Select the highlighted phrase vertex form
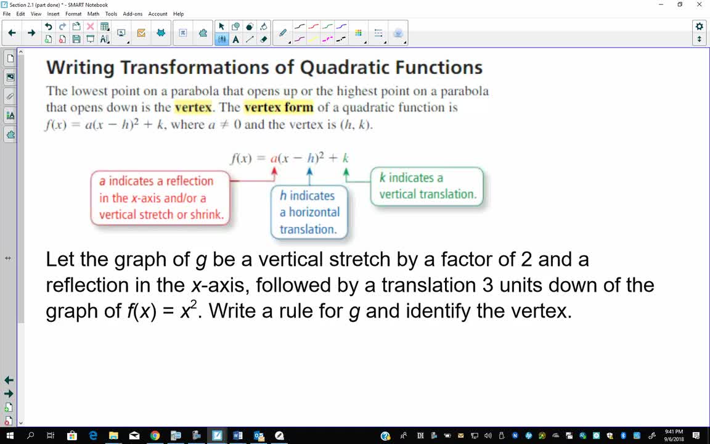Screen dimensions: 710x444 (279, 107)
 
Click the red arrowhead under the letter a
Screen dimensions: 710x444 (274, 171)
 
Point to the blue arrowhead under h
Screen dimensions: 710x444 (310, 171)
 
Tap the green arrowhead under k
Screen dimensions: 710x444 (346, 171)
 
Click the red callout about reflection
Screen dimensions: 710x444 (161, 198)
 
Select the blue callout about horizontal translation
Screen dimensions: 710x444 (309, 212)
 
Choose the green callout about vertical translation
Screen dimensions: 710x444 (427, 186)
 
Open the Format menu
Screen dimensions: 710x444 (73, 14)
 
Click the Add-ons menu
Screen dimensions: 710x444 (133, 14)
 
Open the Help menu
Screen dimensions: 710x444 (178, 14)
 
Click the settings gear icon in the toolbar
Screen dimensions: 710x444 (699, 27)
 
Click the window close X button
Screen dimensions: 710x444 (699, 4)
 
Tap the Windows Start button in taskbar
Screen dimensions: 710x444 (9, 436)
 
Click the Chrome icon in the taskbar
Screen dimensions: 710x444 (155, 436)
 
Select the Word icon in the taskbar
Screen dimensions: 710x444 (238, 436)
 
